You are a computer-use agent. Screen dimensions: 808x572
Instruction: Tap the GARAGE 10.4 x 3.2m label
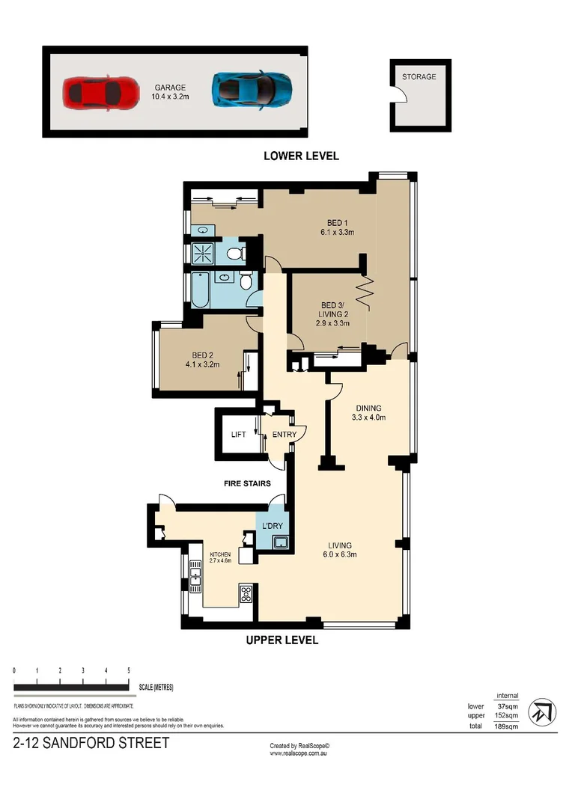171,92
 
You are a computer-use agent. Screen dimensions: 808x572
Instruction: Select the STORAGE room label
419,77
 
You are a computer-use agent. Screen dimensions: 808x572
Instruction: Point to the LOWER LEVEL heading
301,156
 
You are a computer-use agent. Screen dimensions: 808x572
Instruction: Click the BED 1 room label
336,227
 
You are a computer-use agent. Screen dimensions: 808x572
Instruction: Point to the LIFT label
238,435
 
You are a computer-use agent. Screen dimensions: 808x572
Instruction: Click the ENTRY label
285,435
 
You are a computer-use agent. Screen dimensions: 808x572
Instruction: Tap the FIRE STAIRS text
247,484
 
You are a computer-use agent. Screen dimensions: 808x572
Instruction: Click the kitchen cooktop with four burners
246,595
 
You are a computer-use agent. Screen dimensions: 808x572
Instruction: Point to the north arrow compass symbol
542,711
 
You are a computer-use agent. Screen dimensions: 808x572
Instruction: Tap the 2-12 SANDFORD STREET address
91,744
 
